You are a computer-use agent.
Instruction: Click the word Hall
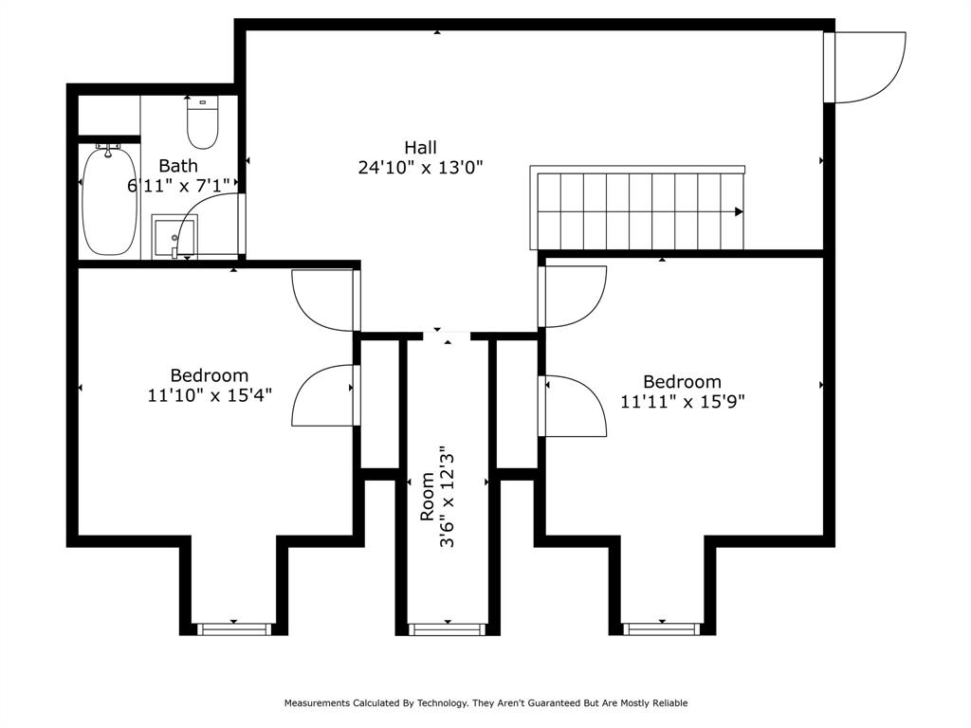tap(420, 147)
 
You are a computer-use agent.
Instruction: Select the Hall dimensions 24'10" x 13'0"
tap(420, 168)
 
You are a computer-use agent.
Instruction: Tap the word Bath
tap(178, 166)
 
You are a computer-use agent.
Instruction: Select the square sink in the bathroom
tap(174, 234)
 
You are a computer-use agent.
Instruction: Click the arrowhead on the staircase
tap(738, 211)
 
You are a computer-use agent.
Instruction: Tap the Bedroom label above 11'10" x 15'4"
tap(209, 375)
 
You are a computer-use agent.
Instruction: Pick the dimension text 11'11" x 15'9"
tap(682, 401)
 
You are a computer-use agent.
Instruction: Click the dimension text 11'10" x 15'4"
tap(209, 395)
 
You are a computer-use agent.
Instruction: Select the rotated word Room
tap(428, 496)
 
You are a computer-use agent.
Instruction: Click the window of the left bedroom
tap(234, 628)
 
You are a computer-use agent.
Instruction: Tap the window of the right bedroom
tap(661, 628)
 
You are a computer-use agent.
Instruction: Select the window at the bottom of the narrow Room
tap(447, 628)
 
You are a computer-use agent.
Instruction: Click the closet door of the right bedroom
tap(573, 407)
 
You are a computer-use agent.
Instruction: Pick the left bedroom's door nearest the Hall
tap(325, 300)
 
